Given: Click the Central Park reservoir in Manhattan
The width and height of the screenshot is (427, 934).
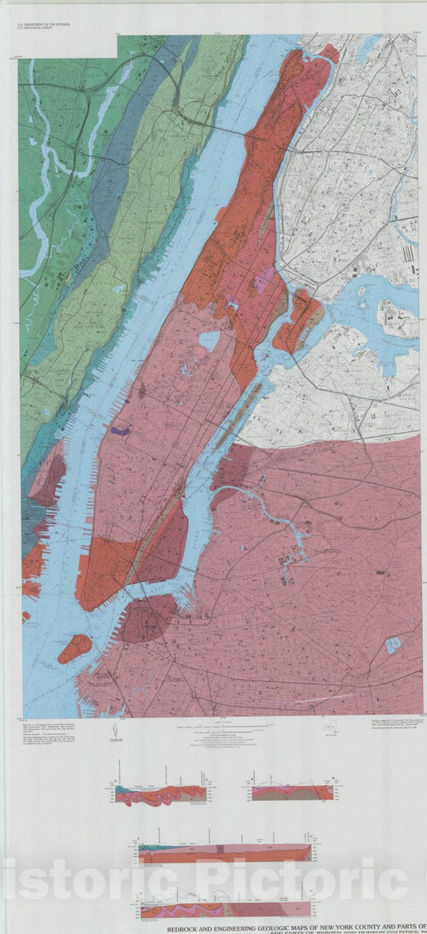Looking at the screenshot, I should pos(209,341).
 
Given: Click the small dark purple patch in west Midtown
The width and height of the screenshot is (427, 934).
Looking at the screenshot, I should pos(120,431).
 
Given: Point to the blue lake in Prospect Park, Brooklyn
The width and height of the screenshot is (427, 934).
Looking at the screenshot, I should pos(393,645).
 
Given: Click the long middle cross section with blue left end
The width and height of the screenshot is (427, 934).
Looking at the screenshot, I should pos(224,854).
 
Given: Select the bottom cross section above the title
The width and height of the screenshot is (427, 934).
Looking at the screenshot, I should pos(224,905).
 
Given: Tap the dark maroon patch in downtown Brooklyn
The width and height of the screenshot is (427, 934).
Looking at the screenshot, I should pos(146,617).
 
